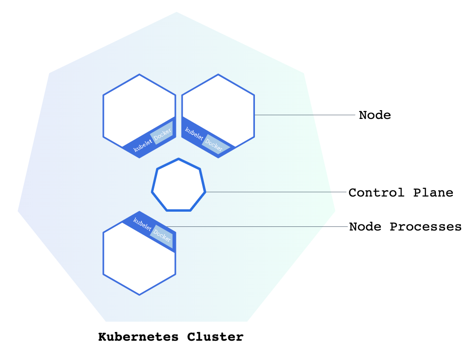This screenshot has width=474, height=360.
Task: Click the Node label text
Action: (x=375, y=115)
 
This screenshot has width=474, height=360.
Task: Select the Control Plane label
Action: (x=401, y=192)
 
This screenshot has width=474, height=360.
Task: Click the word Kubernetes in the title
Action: (x=138, y=337)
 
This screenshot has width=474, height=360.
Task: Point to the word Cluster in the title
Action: (x=215, y=337)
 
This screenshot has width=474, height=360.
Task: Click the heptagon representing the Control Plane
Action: (x=179, y=186)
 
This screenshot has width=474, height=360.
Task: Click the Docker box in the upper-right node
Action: (x=214, y=144)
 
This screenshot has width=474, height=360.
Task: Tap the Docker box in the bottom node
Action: (x=162, y=236)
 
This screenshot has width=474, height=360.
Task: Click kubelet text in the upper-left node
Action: (x=142, y=146)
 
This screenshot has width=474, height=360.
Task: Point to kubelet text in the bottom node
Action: (x=142, y=224)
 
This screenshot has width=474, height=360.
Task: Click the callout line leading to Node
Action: (x=305, y=115)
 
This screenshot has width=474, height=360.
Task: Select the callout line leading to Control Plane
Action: (x=276, y=192)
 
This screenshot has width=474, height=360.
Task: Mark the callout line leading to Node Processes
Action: (x=257, y=227)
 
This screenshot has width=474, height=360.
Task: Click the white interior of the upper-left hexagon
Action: (x=138, y=108)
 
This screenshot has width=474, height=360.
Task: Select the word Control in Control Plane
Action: (x=376, y=192)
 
